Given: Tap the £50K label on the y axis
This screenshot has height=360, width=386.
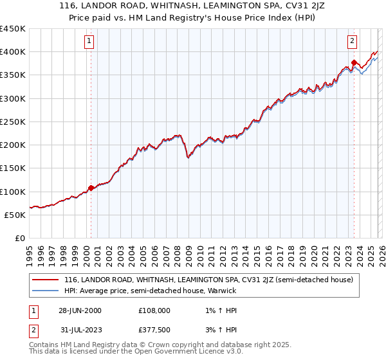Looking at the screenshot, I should [x=14, y=215].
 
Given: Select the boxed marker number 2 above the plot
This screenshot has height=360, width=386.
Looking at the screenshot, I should [x=353, y=42].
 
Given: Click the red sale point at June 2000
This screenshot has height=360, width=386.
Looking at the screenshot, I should [x=91, y=188].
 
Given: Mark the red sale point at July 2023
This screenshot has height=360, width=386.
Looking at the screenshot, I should [x=354, y=63].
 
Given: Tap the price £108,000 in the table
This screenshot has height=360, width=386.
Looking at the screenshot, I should [x=154, y=310].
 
